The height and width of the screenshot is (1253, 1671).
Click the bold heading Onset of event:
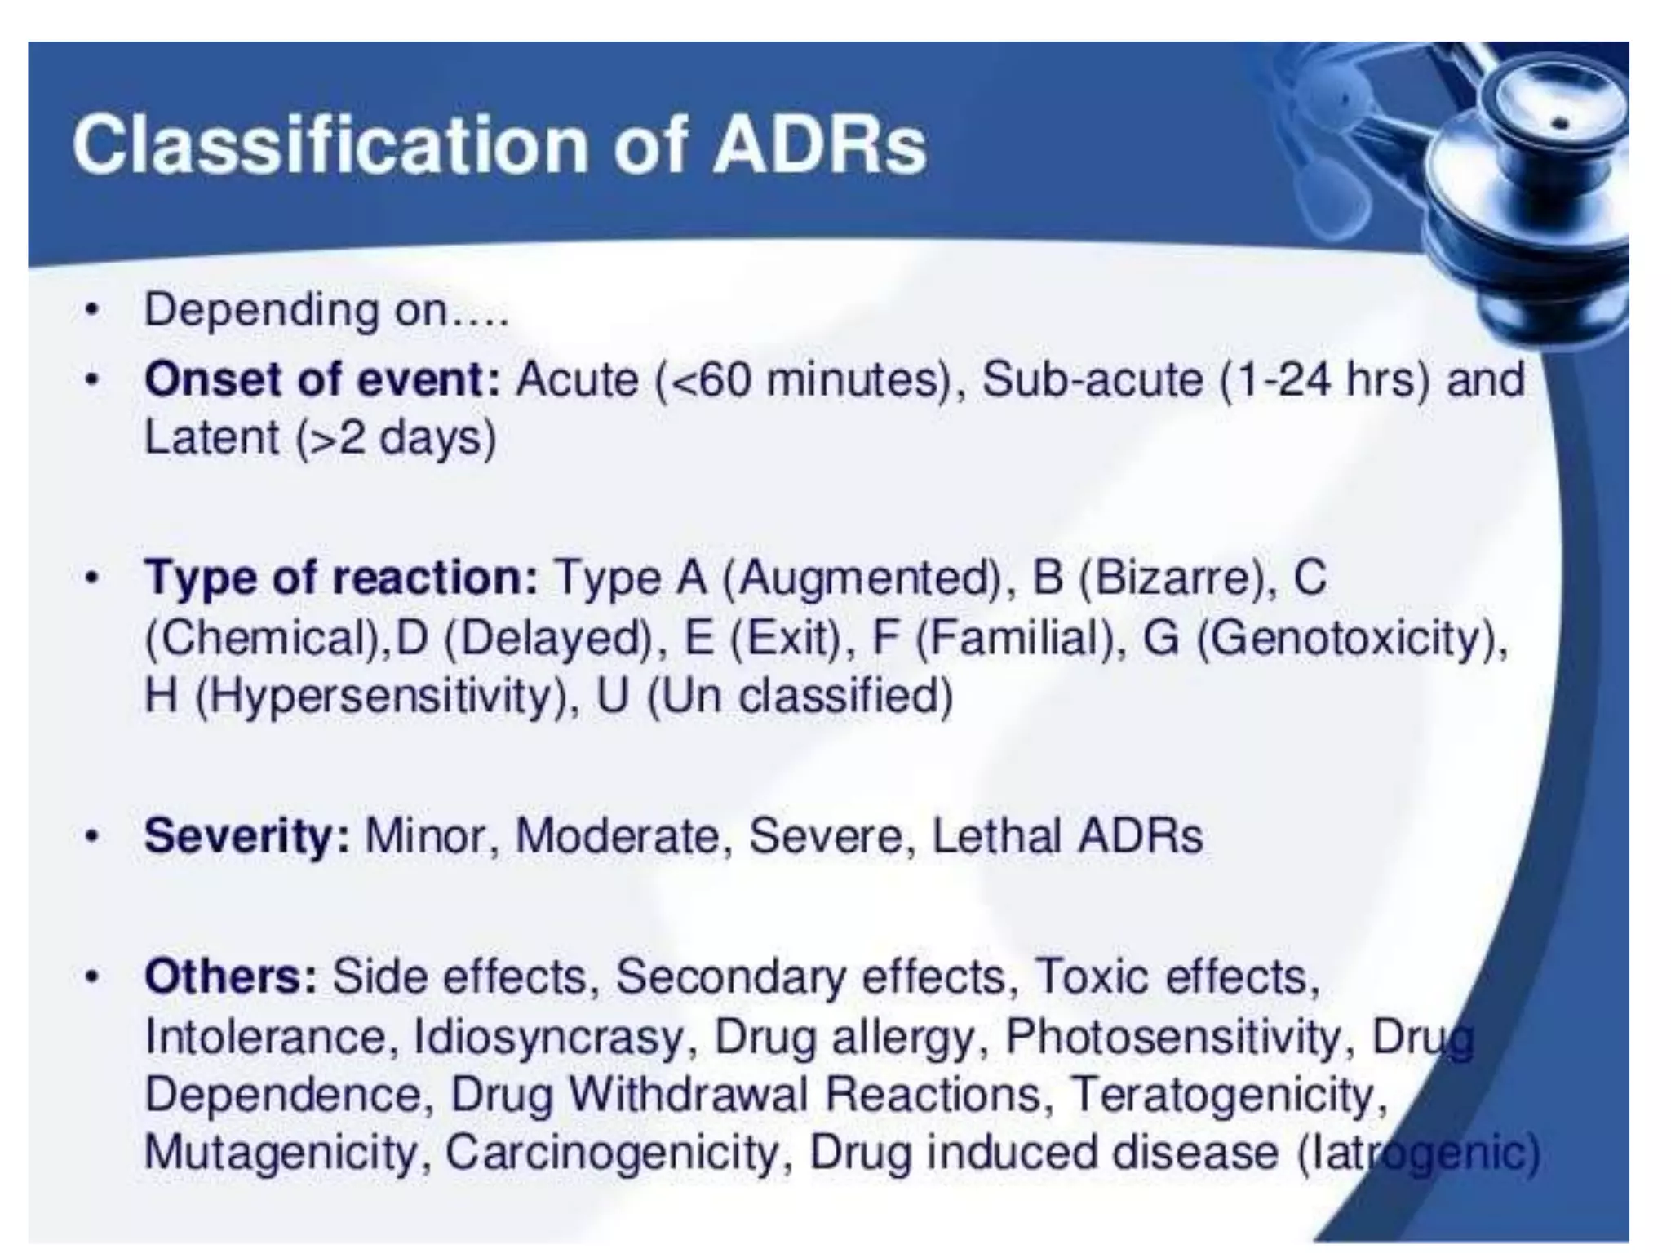pyautogui.click(x=321, y=379)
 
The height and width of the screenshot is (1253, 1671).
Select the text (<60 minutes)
pyautogui.click(x=803, y=379)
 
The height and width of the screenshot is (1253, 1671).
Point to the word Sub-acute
pyautogui.click(x=1092, y=379)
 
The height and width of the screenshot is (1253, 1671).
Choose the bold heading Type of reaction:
pyautogui.click(x=341, y=578)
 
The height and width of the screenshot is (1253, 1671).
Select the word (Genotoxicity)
pyautogui.click(x=1351, y=637)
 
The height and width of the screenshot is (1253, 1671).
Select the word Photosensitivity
pyautogui.click(x=1173, y=1037)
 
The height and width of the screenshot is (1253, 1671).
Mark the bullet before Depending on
pyautogui.click(x=95, y=311)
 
